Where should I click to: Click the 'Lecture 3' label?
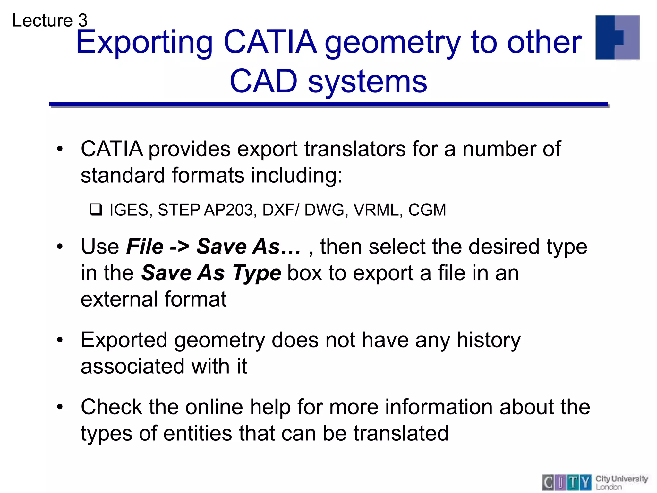coord(50,21)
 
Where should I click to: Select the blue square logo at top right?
coord(617,38)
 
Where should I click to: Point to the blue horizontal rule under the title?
coord(328,104)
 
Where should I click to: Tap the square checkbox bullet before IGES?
coord(96,210)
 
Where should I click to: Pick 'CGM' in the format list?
coord(427,210)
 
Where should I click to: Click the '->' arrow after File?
coord(180,247)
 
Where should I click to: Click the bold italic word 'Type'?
coord(257,273)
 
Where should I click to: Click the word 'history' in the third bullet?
coord(489,340)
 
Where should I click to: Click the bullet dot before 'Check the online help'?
coord(60,407)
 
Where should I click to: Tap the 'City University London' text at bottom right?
coord(621,482)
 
